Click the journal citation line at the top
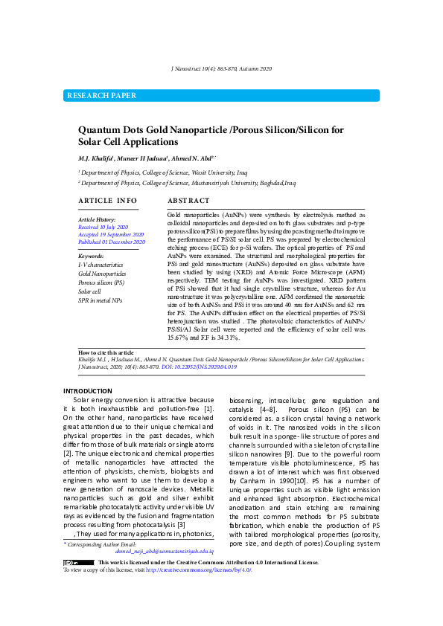point(221,68)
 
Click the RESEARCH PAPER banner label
point(102,96)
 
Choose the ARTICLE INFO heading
point(107,201)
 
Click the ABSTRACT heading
point(188,201)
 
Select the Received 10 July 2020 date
point(103,226)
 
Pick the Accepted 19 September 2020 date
point(111,234)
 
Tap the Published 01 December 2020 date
point(111,242)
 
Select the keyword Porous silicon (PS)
point(101,283)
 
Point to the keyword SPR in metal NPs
point(100,300)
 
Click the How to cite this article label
point(106,352)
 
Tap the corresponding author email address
point(164,552)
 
